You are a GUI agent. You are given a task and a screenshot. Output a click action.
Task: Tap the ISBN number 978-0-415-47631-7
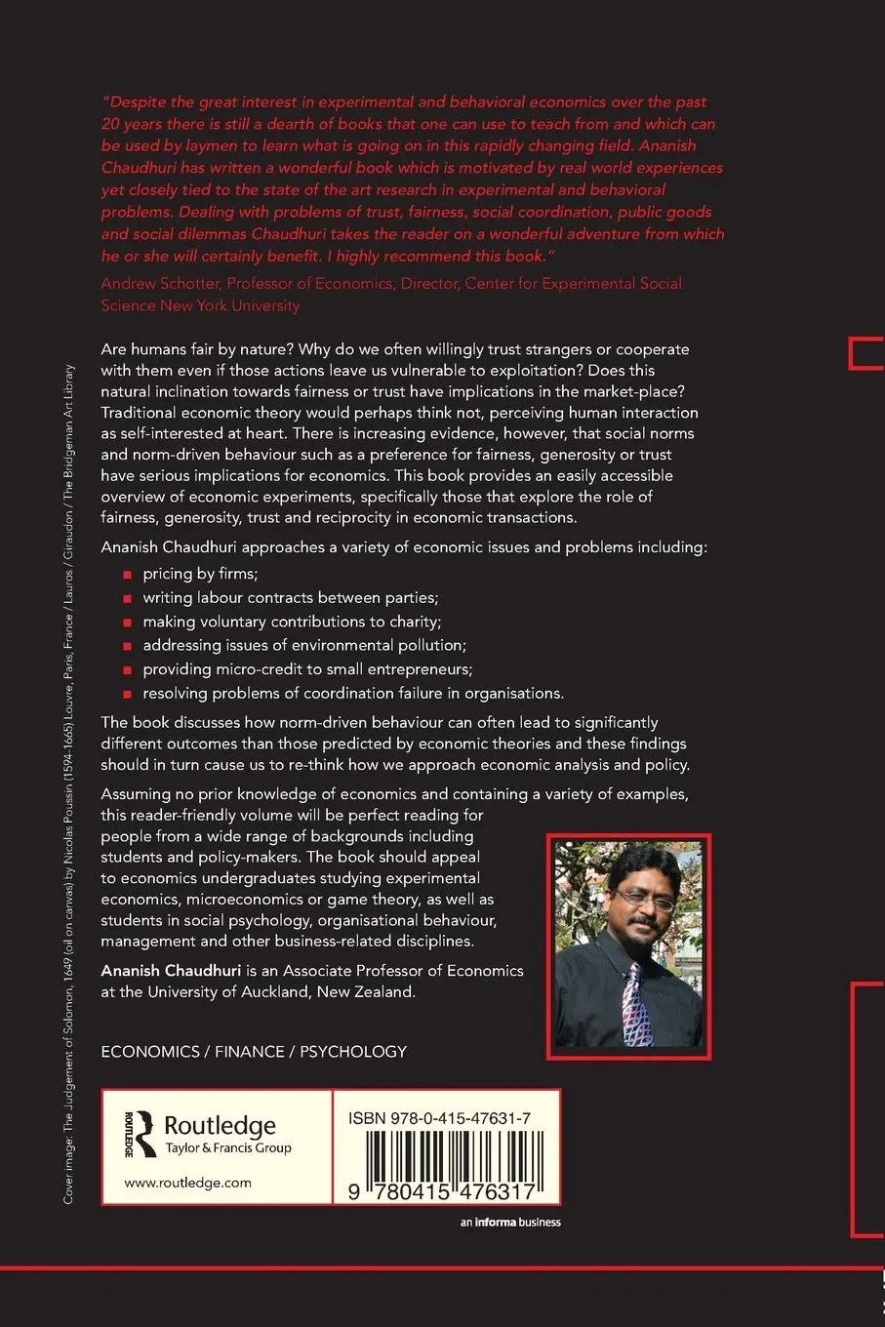click(439, 1118)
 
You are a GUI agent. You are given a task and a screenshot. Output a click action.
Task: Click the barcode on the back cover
click(441, 1165)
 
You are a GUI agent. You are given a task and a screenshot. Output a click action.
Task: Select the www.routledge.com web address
click(187, 1183)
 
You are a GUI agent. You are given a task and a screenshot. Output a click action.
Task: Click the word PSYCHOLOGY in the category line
click(353, 1051)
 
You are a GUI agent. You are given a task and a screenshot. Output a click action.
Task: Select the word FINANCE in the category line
click(249, 1051)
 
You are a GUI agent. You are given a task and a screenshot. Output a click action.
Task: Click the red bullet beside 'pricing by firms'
click(126, 575)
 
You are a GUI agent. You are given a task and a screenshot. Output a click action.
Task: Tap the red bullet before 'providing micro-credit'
click(126, 670)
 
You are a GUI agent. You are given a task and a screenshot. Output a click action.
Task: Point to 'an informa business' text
click(510, 1222)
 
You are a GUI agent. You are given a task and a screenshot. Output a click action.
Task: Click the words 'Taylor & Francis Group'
click(228, 1147)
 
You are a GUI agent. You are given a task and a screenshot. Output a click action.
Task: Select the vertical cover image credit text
click(68, 781)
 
